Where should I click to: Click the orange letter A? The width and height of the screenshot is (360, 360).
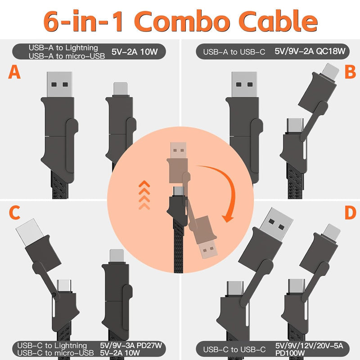[x=14, y=72]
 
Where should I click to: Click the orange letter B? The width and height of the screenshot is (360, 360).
[x=350, y=72]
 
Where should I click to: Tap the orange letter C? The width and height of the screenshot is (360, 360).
[x=14, y=213]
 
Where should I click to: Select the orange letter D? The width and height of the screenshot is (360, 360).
[x=350, y=213]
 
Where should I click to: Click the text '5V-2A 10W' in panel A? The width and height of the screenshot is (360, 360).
[x=134, y=52]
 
